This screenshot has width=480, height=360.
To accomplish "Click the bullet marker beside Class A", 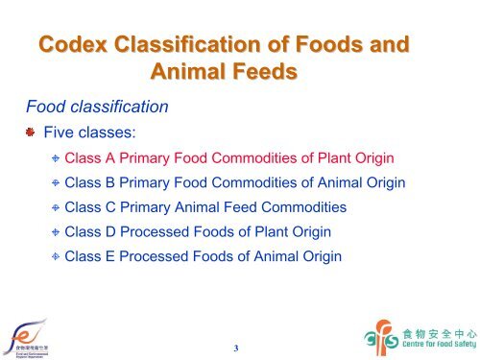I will (x=55, y=158).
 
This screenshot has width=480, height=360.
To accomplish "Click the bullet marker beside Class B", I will (x=55, y=183).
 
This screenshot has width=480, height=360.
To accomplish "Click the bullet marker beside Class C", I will (x=55, y=208).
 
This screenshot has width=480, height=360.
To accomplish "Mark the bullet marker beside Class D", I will (x=55, y=233).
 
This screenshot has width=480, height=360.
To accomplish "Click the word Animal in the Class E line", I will (x=272, y=257).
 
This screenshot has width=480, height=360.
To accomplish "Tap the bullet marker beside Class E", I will (x=55, y=258).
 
